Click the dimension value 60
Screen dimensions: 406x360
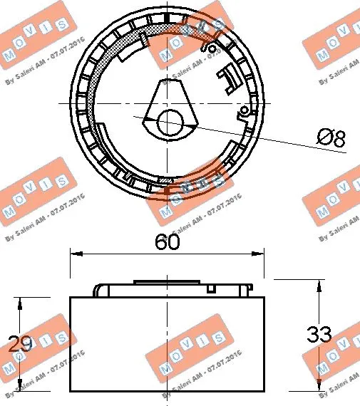click(x=167, y=242)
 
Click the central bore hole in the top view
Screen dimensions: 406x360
click(x=170, y=123)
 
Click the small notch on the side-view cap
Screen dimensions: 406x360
click(x=212, y=288)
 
